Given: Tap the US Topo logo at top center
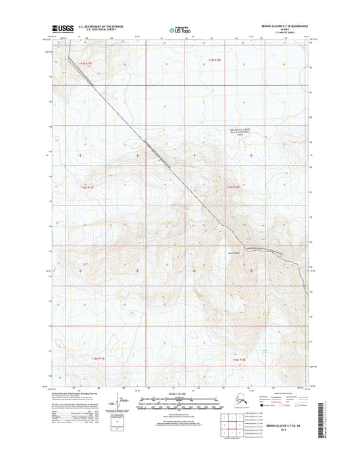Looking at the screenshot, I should tap(180, 29).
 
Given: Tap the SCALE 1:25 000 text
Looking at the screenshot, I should tap(180, 393).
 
